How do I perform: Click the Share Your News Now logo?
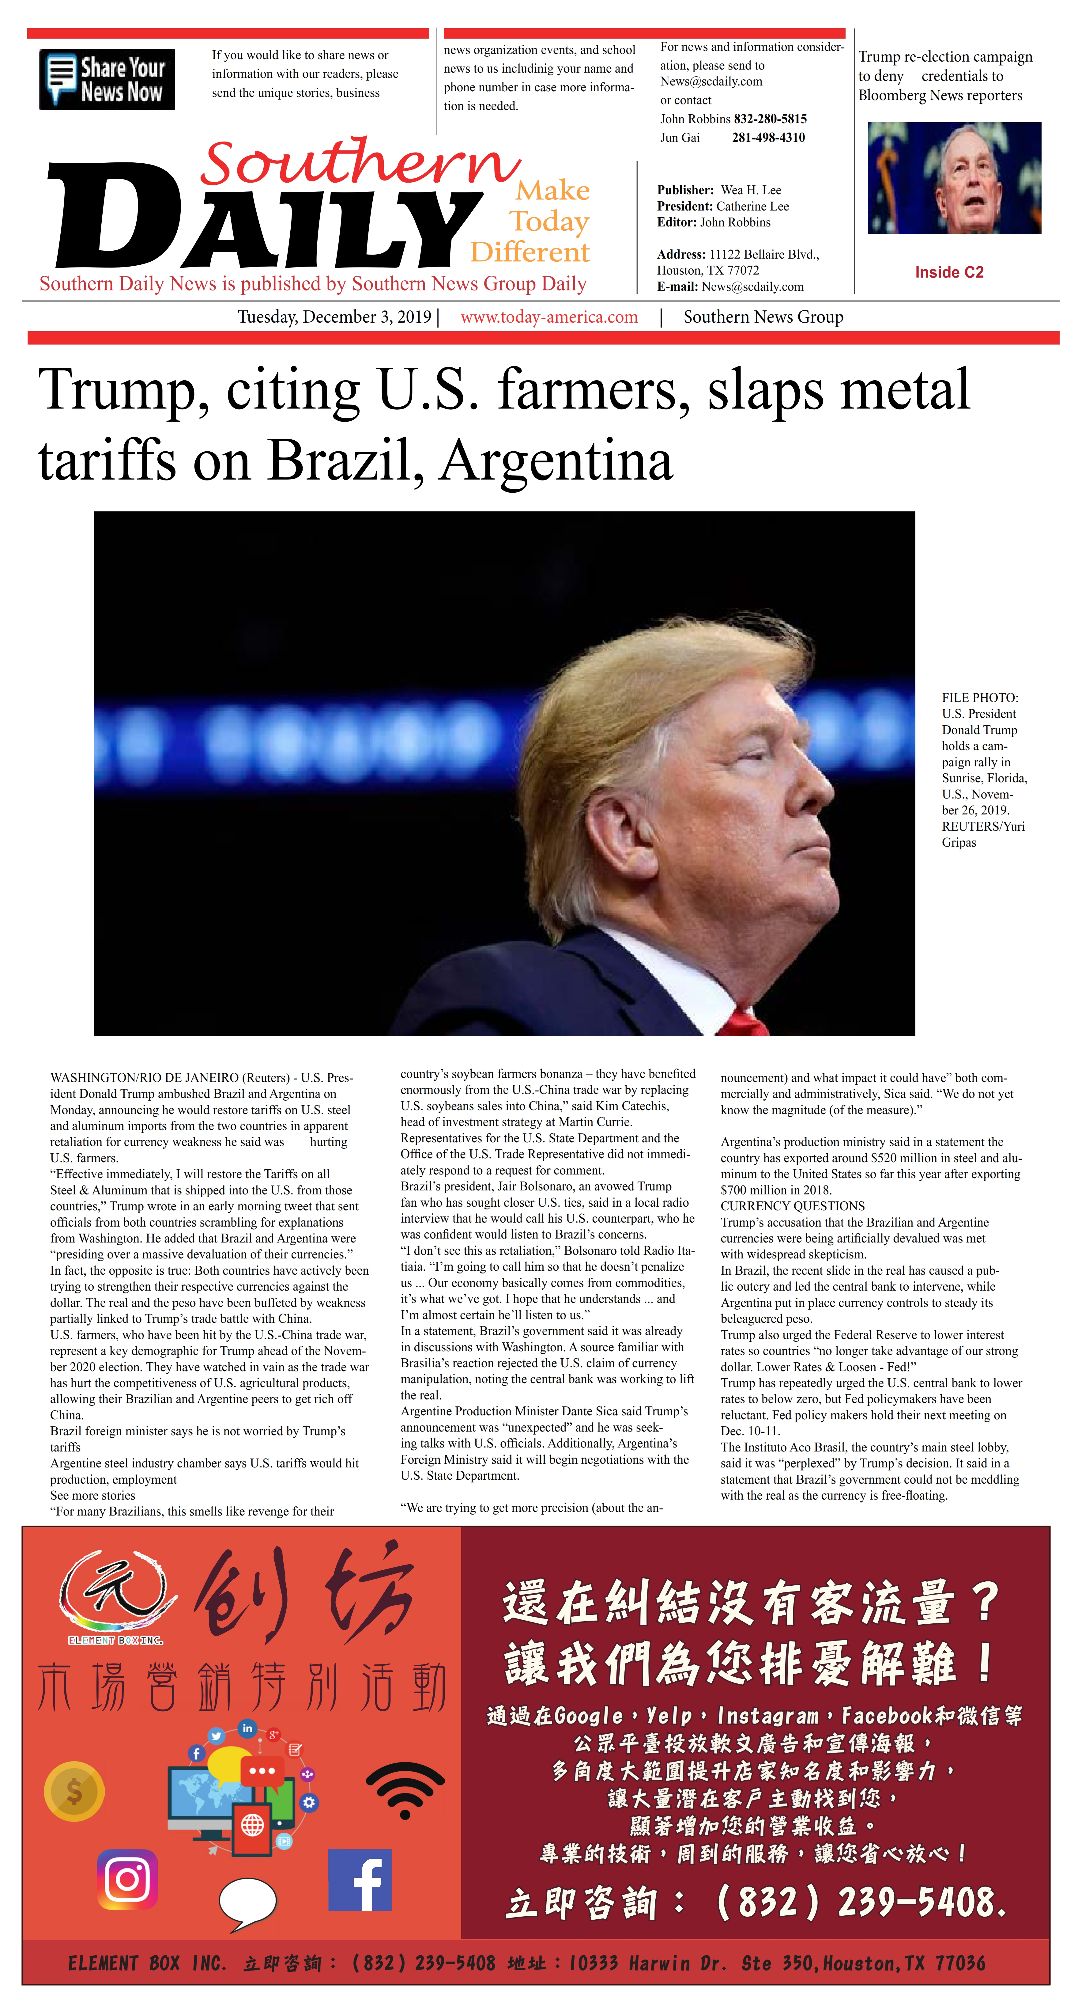[x=107, y=79]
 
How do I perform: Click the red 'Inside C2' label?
[x=949, y=272]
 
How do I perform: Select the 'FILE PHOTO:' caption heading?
[x=979, y=697]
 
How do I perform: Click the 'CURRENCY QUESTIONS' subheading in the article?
[x=792, y=1205]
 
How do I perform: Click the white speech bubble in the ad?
[x=248, y=1901]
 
